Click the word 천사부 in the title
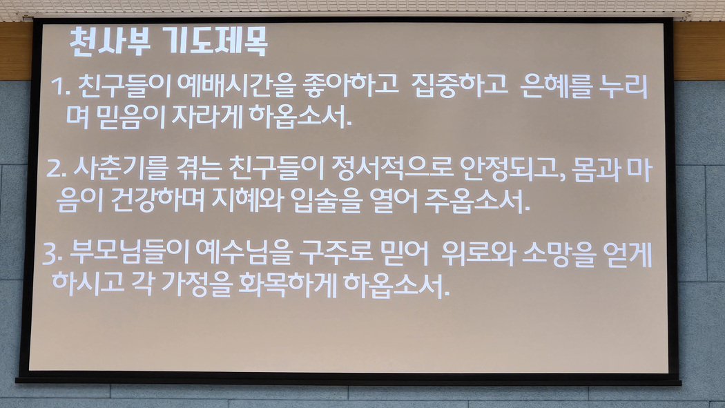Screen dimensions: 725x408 pos(110,41)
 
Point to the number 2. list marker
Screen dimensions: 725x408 pos(57,169)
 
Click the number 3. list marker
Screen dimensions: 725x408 pos(52,254)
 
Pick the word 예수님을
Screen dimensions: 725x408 pos(244,253)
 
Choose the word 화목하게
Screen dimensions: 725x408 pos(287,284)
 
